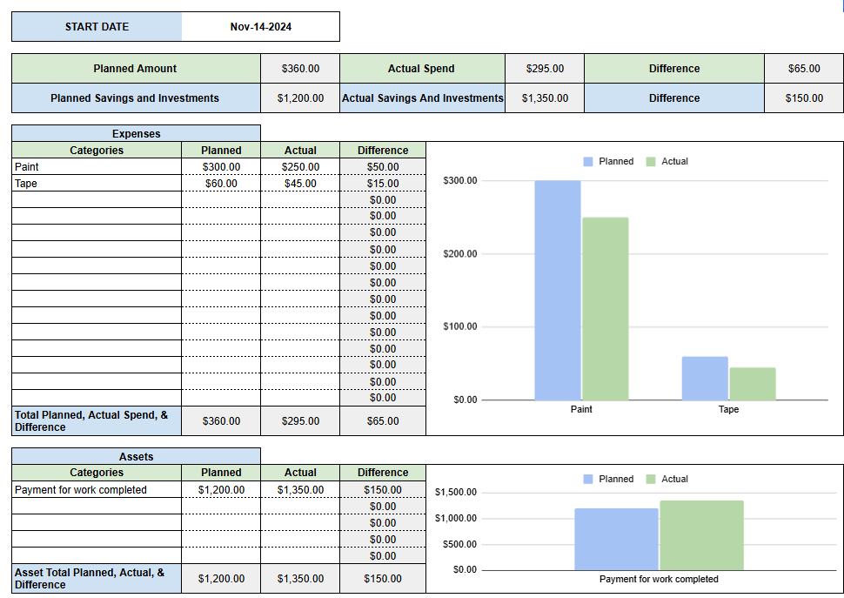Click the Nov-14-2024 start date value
click(260, 27)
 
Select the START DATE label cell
click(97, 27)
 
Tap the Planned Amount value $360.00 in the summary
click(300, 69)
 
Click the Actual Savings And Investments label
click(422, 98)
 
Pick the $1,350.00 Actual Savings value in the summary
click(545, 98)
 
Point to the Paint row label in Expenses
click(27, 167)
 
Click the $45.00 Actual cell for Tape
click(300, 184)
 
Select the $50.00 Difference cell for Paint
click(383, 167)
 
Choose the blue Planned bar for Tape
click(705, 378)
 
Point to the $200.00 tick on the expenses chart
click(459, 254)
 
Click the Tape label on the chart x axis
click(728, 409)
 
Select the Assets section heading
click(136, 456)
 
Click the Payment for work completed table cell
click(81, 490)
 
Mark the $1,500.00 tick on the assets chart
click(456, 493)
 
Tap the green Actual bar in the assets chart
click(701, 534)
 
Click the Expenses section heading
click(136, 134)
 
